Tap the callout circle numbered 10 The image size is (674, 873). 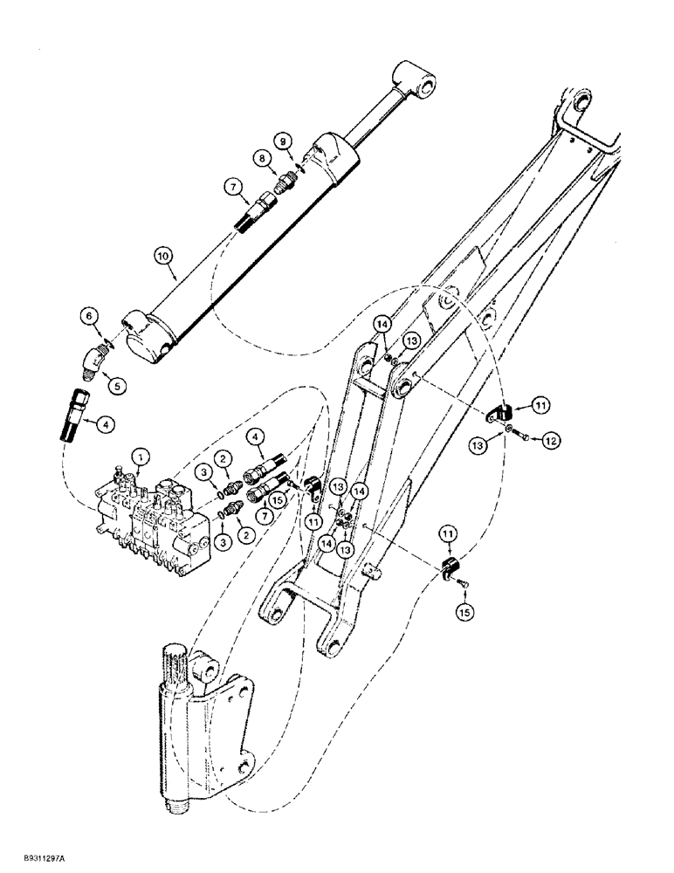pyautogui.click(x=162, y=255)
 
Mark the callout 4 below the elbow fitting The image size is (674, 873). pyautogui.click(x=106, y=425)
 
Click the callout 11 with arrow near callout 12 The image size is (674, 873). pyautogui.click(x=540, y=404)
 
